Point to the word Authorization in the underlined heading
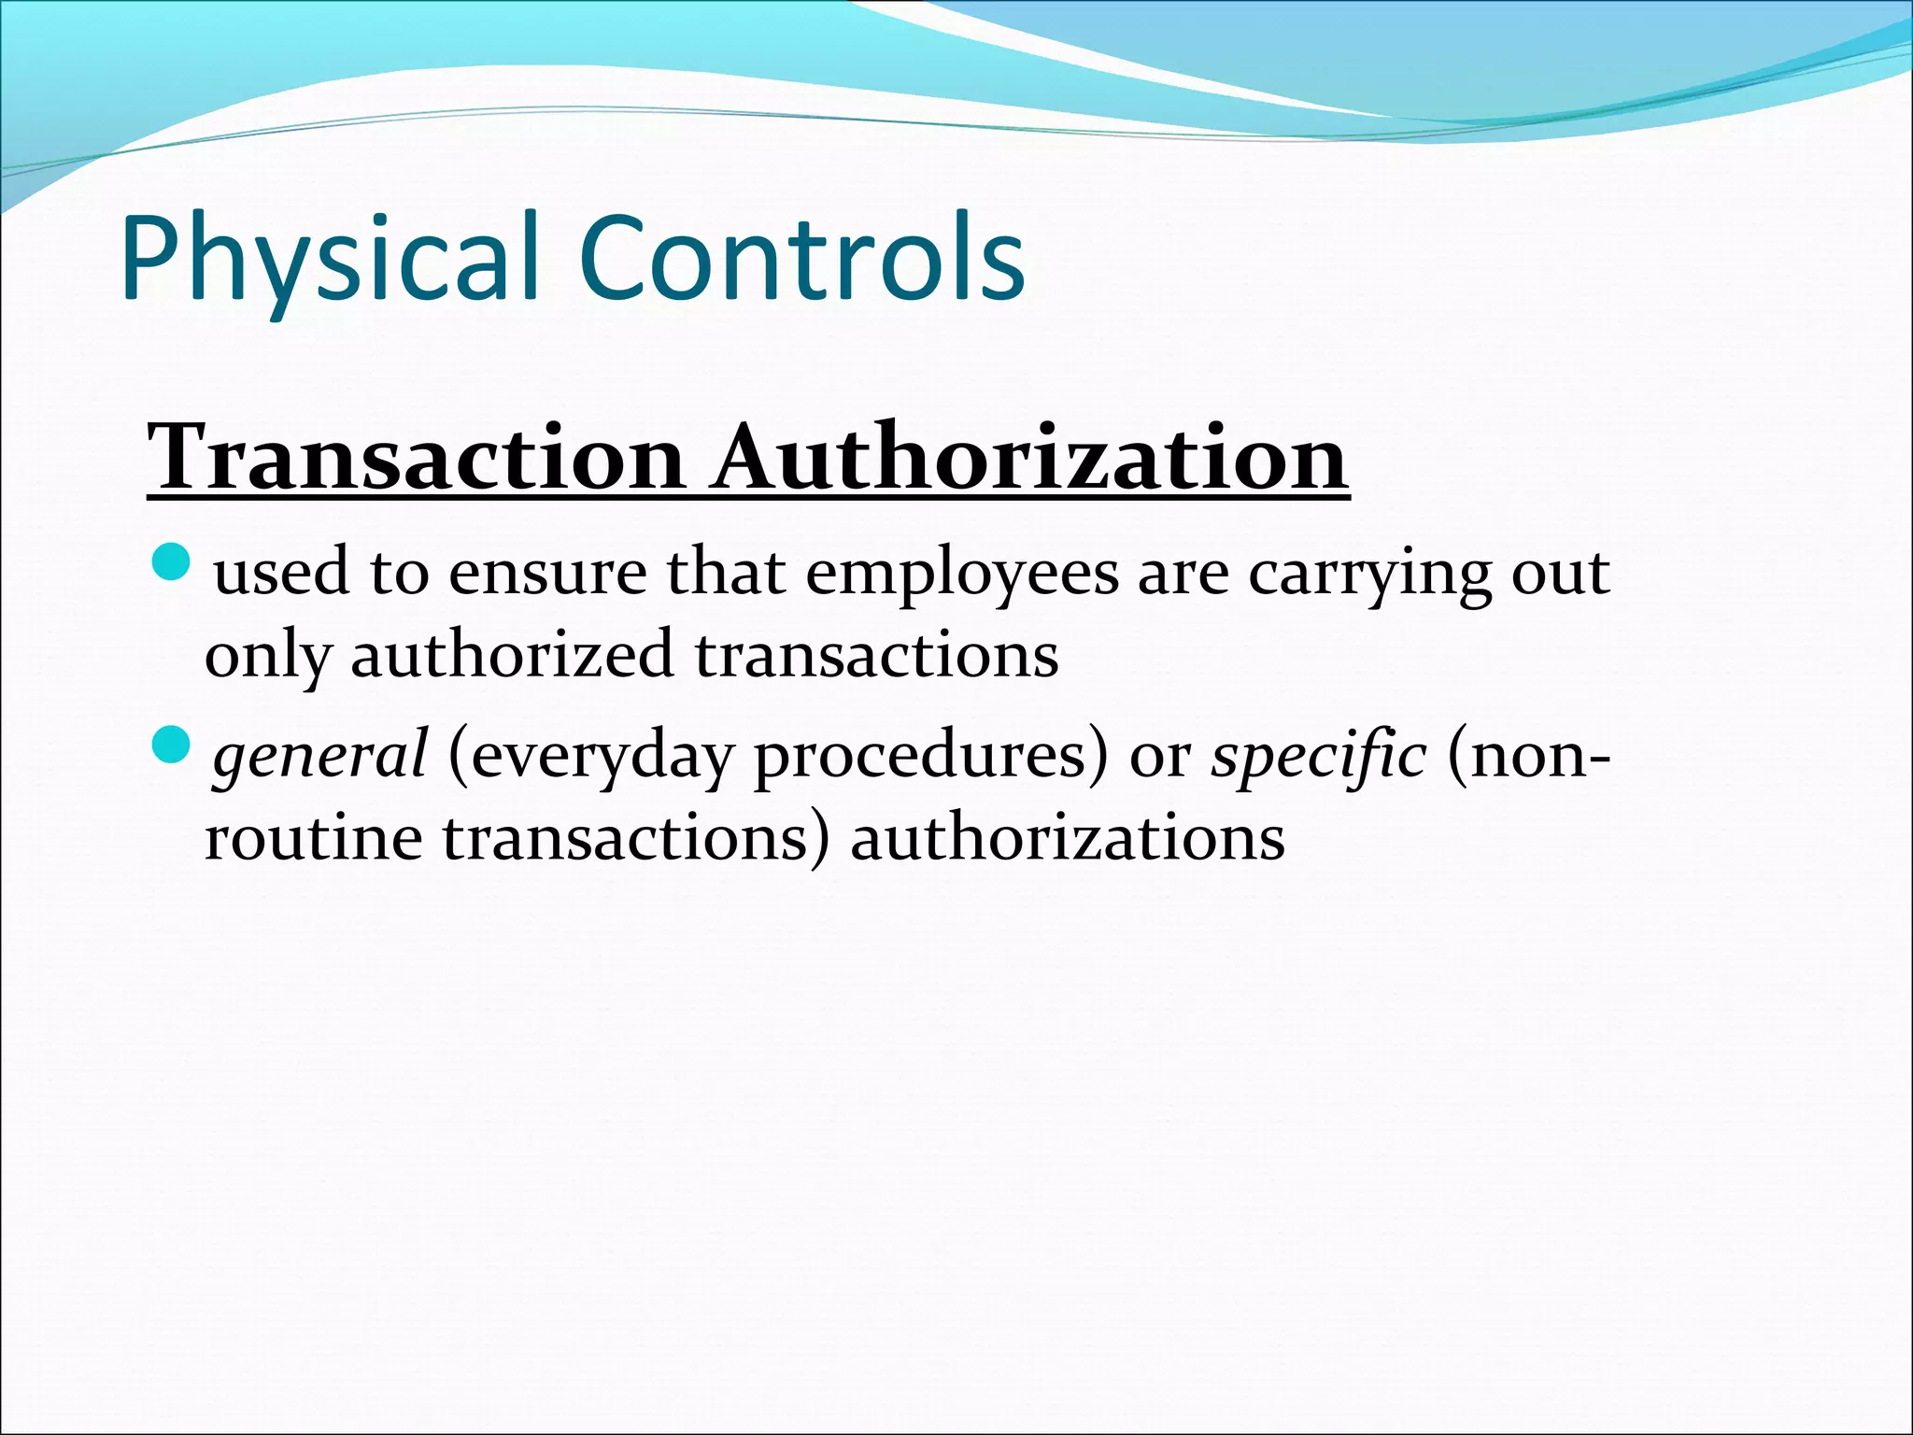coord(1030,457)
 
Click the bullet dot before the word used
coord(171,562)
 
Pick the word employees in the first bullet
coord(962,574)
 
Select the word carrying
coord(1369,574)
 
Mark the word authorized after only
coord(512,654)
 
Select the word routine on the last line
coord(313,838)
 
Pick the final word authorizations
coord(1067,838)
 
